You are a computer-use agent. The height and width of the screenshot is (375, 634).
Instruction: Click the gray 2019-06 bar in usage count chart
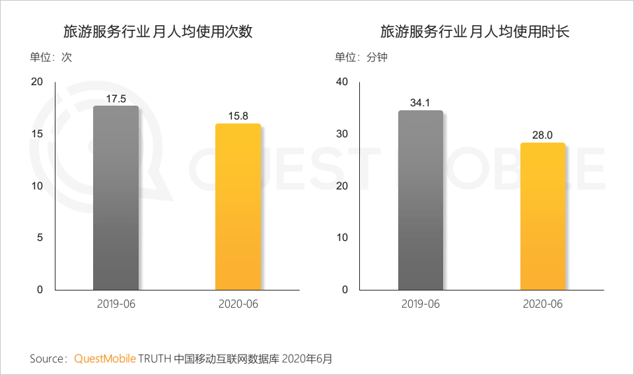[116, 198]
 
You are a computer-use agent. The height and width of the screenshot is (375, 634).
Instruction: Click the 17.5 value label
[116, 99]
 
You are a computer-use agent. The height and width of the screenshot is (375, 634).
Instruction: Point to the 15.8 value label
[238, 116]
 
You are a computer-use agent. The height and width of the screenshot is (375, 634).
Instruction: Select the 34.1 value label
[421, 102]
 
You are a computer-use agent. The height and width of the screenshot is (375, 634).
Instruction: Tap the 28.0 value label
[543, 135]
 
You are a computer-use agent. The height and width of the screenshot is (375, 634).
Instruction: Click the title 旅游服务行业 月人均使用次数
[158, 31]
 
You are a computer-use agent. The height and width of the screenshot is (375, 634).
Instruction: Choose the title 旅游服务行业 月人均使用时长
[475, 31]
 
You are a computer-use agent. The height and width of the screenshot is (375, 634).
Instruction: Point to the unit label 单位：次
[50, 57]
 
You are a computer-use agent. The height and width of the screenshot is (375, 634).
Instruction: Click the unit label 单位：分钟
[361, 57]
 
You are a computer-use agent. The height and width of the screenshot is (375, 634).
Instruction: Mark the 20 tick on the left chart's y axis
[37, 82]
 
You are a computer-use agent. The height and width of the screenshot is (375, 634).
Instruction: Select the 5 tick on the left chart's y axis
[40, 238]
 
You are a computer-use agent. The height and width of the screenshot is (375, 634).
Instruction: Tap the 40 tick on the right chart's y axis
[341, 82]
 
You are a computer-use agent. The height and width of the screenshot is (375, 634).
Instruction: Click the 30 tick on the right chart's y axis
[341, 134]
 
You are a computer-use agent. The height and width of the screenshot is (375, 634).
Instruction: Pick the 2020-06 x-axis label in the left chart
[238, 304]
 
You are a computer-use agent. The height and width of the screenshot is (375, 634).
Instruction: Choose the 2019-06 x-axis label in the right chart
[421, 304]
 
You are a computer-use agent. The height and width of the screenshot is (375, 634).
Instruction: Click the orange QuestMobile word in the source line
[105, 359]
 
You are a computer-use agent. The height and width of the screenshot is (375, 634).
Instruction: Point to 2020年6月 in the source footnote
[307, 359]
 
